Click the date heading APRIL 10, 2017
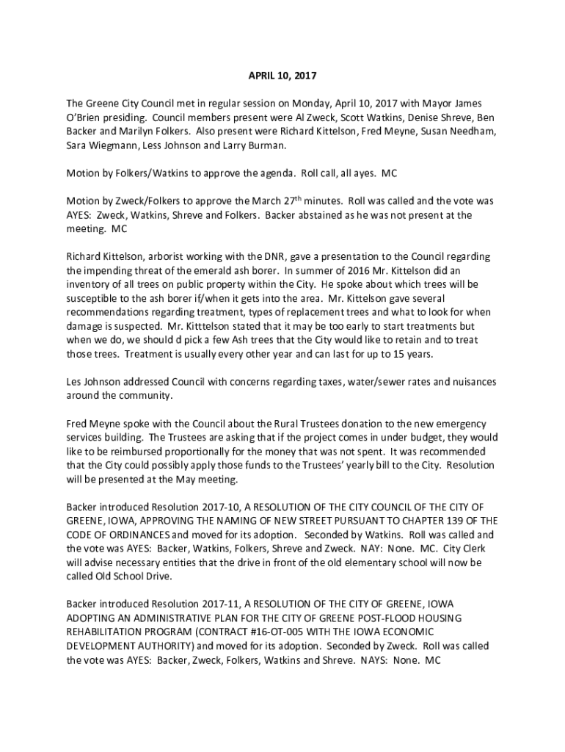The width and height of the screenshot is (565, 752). point(282,76)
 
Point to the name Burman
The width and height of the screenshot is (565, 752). point(263,145)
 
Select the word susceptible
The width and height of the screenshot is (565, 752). point(95,298)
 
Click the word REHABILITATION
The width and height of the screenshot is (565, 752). point(109,632)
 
